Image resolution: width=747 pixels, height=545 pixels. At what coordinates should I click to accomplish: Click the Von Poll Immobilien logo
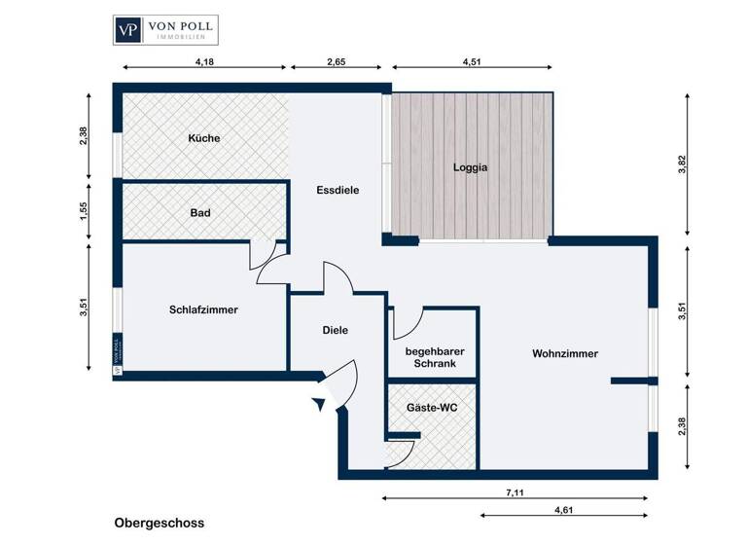[x=165, y=29]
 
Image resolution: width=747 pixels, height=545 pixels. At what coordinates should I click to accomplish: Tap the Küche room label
[x=204, y=138]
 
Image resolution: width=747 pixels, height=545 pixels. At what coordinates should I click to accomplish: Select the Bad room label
[x=200, y=212]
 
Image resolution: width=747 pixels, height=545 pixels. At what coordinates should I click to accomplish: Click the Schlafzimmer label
[x=203, y=309]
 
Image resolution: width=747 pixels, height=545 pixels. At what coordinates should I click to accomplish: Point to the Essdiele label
[x=338, y=191]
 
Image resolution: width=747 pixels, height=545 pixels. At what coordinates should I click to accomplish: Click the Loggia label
[x=470, y=166]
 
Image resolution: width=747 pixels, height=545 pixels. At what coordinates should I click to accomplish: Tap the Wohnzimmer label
[x=565, y=353]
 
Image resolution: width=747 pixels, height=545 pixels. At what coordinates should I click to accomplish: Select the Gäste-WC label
[x=431, y=408]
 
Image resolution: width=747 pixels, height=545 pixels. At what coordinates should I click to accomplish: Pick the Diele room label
[x=335, y=330]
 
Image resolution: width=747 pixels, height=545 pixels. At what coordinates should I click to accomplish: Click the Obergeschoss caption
[x=159, y=523]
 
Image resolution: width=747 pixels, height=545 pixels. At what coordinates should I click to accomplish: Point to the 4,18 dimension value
[x=204, y=61]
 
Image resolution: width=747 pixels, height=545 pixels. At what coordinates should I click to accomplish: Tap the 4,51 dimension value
[x=472, y=61]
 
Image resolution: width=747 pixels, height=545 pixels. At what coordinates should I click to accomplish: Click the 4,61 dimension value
[x=563, y=509]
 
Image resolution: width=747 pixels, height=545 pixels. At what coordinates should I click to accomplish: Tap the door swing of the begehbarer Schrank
[x=408, y=321]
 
